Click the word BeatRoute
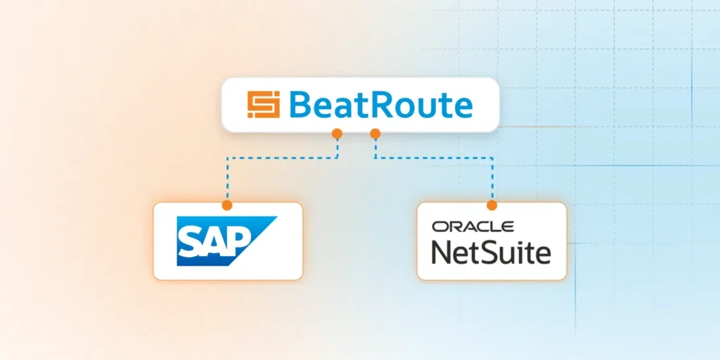tap(380, 105)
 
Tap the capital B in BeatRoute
tap(300, 105)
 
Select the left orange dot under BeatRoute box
tap(337, 132)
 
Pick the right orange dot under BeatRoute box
tap(375, 132)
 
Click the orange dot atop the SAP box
tap(226, 205)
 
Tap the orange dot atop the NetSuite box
tap(491, 205)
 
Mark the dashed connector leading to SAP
tap(281, 157)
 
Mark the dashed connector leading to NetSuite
tap(436, 157)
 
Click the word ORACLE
tap(472, 226)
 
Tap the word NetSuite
tap(491, 252)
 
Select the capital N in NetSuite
tap(442, 252)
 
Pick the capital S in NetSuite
tap(491, 252)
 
